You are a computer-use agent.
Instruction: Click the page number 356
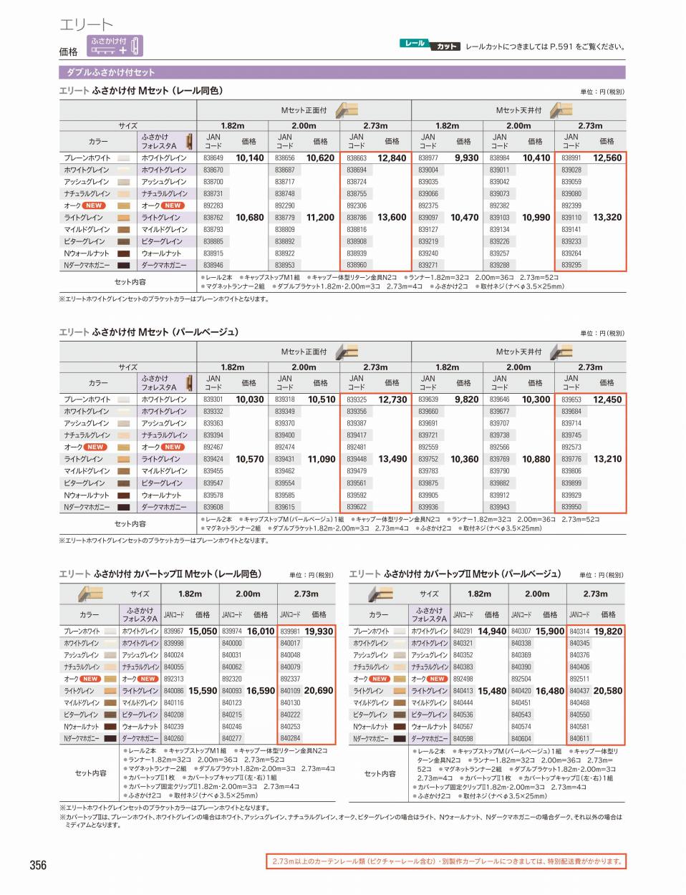tap(38, 865)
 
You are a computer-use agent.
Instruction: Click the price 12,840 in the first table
tap(392, 158)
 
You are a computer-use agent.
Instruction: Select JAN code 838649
tap(213, 158)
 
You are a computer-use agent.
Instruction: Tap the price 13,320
tap(607, 218)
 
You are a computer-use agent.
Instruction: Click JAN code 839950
tap(571, 507)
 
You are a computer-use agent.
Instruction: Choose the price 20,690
tap(319, 691)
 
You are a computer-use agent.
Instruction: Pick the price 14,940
tap(492, 632)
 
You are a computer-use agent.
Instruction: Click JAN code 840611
tap(579, 738)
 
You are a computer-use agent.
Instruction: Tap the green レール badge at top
tap(415, 44)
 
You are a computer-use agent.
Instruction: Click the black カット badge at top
tap(446, 47)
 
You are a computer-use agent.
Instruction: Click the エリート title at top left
tap(86, 25)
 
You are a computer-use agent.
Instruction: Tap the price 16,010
tap(261, 632)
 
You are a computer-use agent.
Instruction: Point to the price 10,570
tap(249, 459)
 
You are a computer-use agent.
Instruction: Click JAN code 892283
tap(213, 205)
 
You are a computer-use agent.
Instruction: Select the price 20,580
tap(608, 691)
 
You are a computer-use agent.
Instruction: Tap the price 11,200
tap(320, 218)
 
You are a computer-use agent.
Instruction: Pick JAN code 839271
tap(428, 265)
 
